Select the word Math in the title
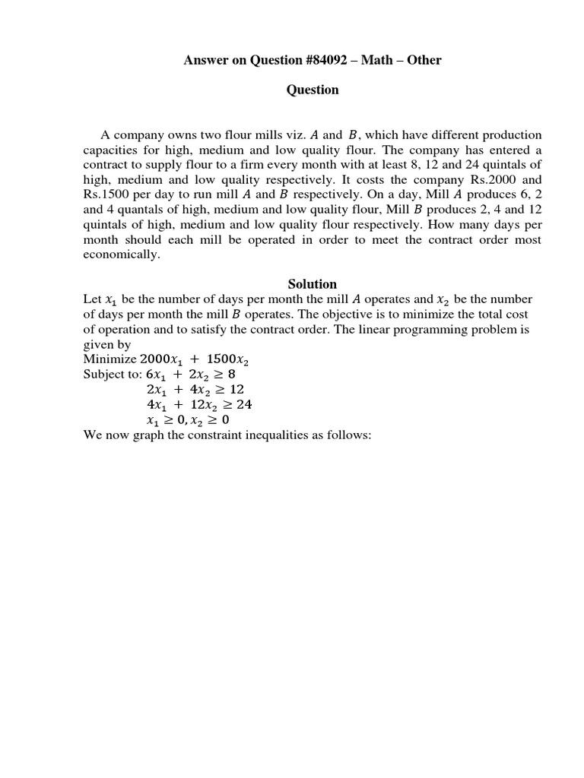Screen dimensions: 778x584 (x=373, y=60)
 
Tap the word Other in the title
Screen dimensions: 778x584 (x=424, y=60)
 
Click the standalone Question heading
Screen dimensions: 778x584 (x=313, y=90)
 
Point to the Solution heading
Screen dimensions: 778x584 (x=313, y=284)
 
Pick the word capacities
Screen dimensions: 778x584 (x=112, y=150)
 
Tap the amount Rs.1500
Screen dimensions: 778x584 (x=110, y=195)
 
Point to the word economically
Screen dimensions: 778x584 (x=122, y=255)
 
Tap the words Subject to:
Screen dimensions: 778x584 (x=112, y=375)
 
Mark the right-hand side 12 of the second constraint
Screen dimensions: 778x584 (x=236, y=390)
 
